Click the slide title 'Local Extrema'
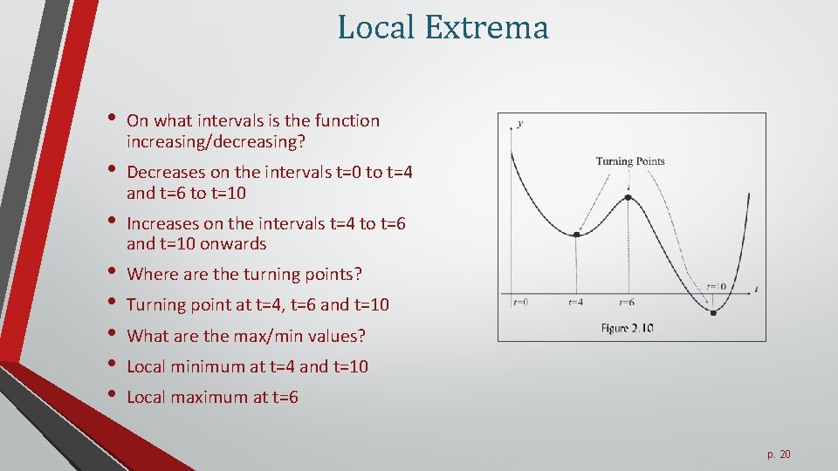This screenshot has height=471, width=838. coord(443,27)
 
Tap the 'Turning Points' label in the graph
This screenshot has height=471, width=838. coord(630,160)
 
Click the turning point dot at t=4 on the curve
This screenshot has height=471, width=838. coord(577,234)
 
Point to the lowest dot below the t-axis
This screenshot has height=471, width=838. coord(713,312)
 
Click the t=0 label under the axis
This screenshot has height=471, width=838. coord(520,303)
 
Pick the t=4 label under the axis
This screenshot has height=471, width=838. coord(576,303)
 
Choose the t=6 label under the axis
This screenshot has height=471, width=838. coord(627,303)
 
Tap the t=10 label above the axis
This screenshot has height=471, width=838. coord(716,286)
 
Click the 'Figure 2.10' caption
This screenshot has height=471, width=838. coord(628,328)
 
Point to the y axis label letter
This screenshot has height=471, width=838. coord(520,124)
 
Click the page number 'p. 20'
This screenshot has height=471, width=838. coord(779,454)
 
